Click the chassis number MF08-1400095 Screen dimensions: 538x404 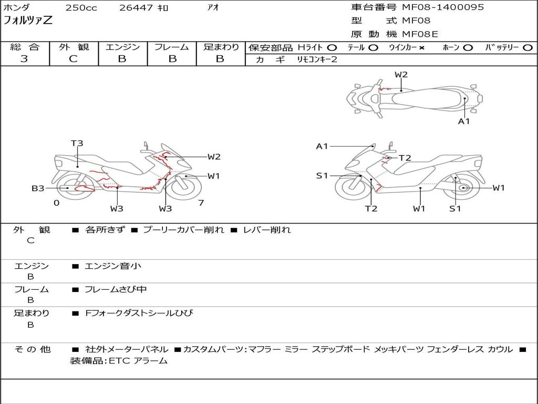[x=443, y=7]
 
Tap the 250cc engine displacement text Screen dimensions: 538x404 [x=81, y=7]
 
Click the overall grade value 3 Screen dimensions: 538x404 [x=24, y=58]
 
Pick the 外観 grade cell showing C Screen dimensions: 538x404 [x=73, y=58]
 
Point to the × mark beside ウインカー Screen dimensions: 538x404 [x=421, y=48]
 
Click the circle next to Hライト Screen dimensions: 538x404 [x=332, y=48]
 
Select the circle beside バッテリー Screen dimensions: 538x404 [x=528, y=48]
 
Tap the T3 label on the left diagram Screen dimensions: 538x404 [x=77, y=143]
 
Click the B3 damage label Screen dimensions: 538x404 [x=38, y=188]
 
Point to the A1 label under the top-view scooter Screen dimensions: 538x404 [x=464, y=122]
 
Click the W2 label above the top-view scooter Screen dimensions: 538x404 [x=401, y=75]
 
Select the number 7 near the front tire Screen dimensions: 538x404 [x=201, y=203]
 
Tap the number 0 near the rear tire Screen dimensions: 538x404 [x=57, y=203]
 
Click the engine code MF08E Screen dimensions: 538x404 [x=420, y=34]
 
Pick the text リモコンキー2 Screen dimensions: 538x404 [x=317, y=59]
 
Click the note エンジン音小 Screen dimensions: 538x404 [x=113, y=266]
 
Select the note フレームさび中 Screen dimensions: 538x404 [x=116, y=289]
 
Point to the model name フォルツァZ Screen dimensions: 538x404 [x=28, y=21]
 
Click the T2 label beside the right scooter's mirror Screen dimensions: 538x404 [x=405, y=158]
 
